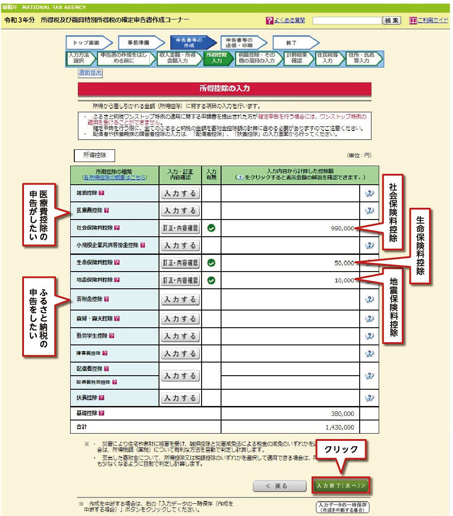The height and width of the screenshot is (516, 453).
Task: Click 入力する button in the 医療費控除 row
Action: tap(180, 210)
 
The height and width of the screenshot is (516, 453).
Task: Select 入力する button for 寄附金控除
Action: tap(180, 299)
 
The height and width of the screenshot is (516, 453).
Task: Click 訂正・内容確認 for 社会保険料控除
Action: tap(180, 228)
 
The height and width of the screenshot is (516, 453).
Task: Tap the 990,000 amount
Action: tap(342, 229)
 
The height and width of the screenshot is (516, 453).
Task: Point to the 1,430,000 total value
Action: tap(339, 427)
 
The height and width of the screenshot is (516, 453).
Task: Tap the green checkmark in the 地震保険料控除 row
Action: tap(211, 280)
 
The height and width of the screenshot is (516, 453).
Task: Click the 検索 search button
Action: tap(392, 20)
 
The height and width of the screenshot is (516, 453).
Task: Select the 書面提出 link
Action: tap(90, 73)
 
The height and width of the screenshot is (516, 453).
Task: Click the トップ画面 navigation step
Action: tap(89, 43)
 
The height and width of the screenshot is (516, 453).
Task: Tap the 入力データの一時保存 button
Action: tap(342, 507)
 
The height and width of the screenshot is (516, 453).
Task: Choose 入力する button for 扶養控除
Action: tap(180, 398)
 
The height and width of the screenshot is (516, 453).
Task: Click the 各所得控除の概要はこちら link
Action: tap(114, 177)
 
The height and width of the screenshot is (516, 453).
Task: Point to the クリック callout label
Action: tap(341, 450)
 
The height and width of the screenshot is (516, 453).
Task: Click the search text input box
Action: tap(347, 20)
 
